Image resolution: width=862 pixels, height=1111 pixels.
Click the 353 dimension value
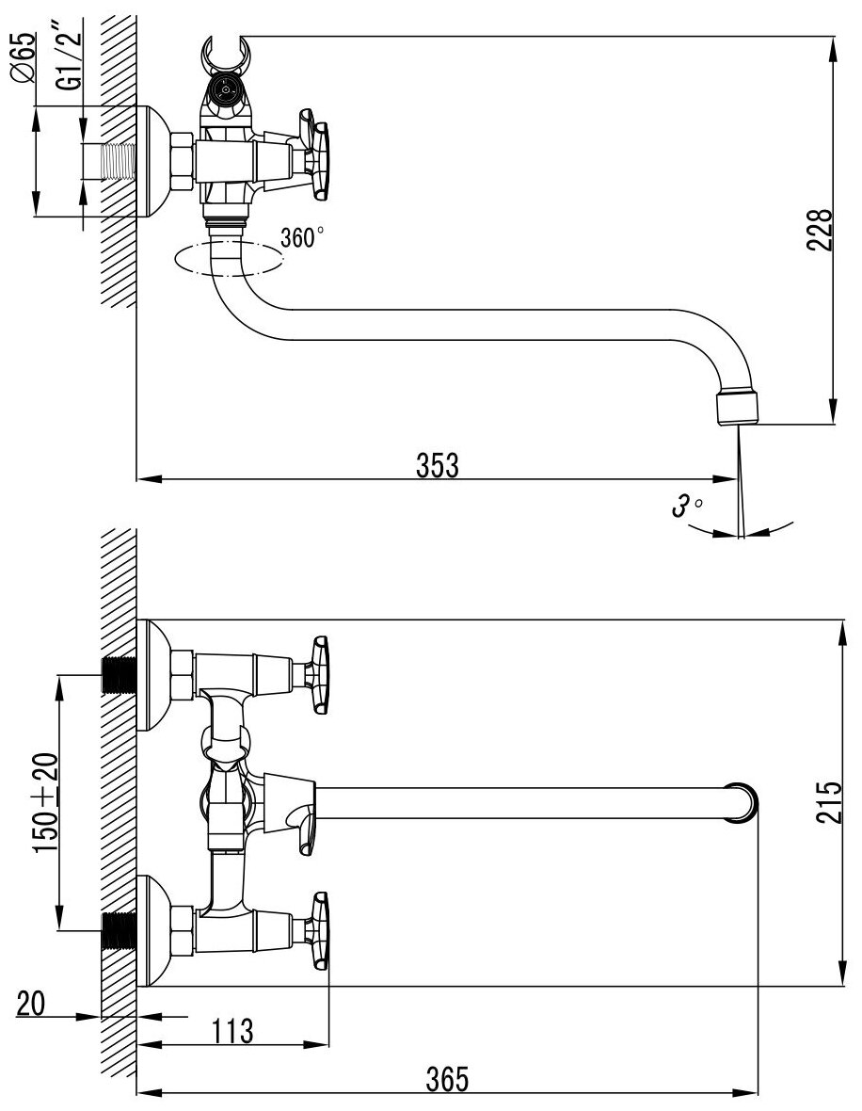click(439, 465)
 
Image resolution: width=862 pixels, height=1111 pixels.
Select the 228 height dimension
click(820, 230)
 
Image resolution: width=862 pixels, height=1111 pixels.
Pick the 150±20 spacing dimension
click(47, 802)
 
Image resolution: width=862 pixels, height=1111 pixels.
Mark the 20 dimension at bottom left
click(33, 1005)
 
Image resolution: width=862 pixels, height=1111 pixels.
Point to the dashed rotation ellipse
click(229, 259)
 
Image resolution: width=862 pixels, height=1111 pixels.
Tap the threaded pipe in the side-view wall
click(111, 162)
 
